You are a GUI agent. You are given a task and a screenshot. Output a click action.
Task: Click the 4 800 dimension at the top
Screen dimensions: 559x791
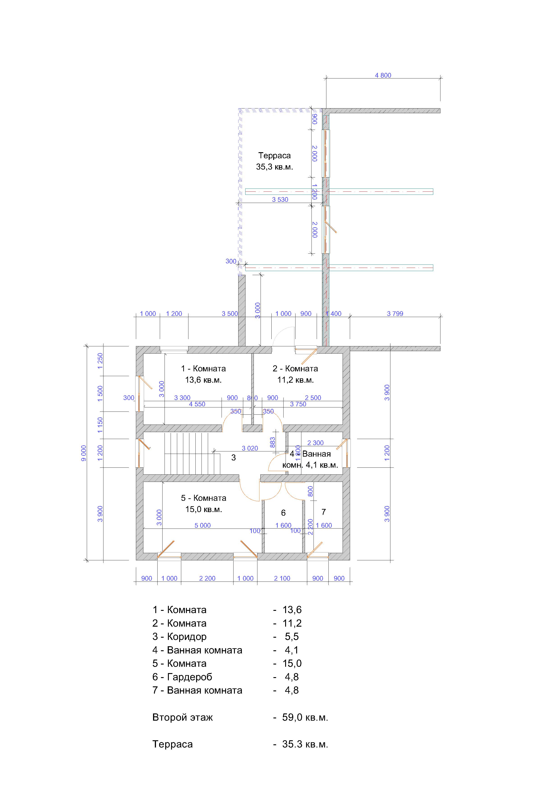click(383, 76)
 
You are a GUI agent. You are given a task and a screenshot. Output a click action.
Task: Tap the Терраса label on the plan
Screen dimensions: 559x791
click(275, 156)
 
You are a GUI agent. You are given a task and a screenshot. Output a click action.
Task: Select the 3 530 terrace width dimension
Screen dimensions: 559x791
click(280, 200)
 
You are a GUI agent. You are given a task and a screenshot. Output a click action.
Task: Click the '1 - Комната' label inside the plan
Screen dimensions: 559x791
click(204, 369)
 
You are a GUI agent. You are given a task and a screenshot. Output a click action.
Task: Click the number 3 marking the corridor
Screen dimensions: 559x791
click(234, 458)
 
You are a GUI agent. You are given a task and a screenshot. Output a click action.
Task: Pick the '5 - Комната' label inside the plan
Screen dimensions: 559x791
click(204, 498)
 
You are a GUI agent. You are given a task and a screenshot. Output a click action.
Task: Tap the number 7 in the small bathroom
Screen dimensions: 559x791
click(323, 512)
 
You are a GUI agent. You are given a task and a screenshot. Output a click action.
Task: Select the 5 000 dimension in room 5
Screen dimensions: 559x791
click(202, 525)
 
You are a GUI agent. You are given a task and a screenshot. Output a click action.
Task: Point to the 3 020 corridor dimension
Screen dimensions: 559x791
click(250, 448)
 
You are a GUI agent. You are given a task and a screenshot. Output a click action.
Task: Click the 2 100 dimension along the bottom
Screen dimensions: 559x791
click(282, 578)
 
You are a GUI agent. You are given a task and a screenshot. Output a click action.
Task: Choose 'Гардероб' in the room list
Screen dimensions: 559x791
click(190, 677)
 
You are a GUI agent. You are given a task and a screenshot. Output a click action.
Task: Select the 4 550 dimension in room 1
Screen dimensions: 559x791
click(197, 404)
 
